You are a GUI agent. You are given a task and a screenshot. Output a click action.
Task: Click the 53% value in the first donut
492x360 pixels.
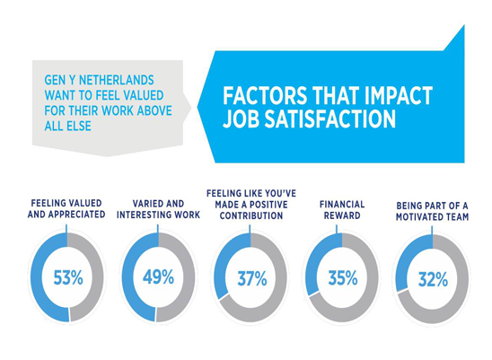pyautogui.click(x=68, y=277)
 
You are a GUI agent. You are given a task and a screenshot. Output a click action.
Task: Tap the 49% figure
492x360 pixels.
pyautogui.click(x=158, y=277)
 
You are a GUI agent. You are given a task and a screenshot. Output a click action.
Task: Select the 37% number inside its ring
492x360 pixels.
pyautogui.click(x=252, y=278)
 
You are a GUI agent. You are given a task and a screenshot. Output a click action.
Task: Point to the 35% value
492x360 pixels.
pyautogui.click(x=343, y=278)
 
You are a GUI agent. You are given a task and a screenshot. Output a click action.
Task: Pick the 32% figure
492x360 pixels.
pyautogui.click(x=433, y=279)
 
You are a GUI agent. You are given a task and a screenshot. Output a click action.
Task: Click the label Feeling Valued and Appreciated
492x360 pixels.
pyautogui.click(x=66, y=208)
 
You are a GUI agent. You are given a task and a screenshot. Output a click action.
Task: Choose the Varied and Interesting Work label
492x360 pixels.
pyautogui.click(x=158, y=209)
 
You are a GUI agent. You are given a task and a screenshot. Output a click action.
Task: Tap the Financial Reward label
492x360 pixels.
pyautogui.click(x=342, y=210)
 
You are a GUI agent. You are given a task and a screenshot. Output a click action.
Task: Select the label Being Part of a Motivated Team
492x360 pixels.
pyautogui.click(x=432, y=211)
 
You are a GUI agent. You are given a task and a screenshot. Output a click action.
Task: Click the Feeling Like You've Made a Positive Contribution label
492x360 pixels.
pyautogui.click(x=251, y=205)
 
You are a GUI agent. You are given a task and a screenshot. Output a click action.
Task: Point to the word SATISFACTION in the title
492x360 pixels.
pyautogui.click(x=330, y=119)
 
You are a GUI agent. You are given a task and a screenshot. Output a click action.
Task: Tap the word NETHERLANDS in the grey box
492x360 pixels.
pyautogui.click(x=117, y=80)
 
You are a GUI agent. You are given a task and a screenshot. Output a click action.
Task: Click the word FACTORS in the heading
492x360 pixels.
pyautogui.click(x=265, y=95)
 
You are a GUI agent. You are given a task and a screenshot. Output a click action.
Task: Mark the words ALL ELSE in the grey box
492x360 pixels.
pyautogui.click(x=67, y=126)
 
